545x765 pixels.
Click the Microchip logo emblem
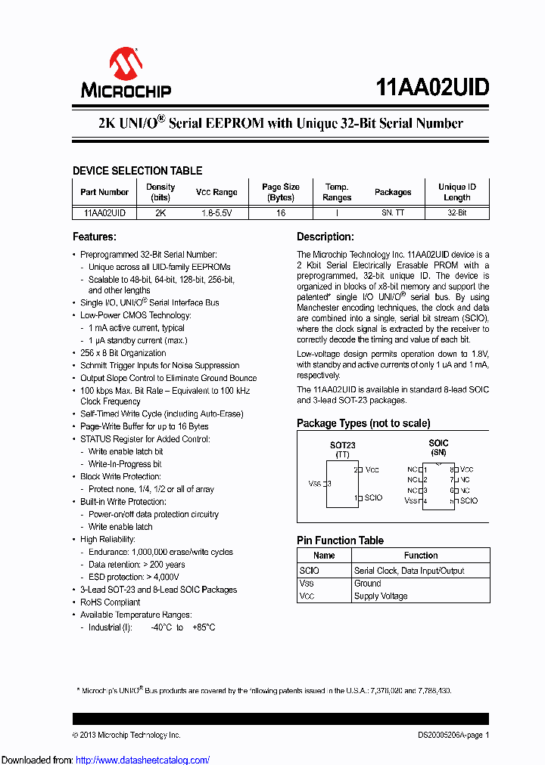(126, 63)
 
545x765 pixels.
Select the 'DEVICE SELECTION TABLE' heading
(137, 171)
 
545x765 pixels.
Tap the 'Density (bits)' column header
(160, 192)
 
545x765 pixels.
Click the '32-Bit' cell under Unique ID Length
(456, 213)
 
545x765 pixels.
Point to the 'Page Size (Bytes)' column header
(281, 192)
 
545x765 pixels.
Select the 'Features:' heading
(94, 237)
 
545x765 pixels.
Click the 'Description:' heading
(325, 237)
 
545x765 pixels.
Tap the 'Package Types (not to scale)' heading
(363, 423)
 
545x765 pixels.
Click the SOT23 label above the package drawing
(342, 445)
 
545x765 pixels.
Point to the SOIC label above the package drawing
(438, 443)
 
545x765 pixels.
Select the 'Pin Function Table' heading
(340, 540)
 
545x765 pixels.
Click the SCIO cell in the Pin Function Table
(309, 571)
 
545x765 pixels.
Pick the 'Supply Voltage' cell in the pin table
(381, 596)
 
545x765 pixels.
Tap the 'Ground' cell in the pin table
(368, 584)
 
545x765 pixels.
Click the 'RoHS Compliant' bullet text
(111, 602)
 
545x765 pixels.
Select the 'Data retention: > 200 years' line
(136, 565)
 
